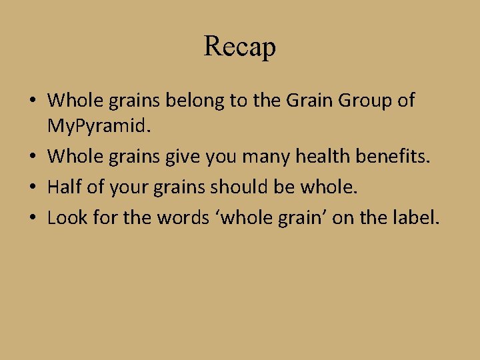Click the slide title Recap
tap(240, 47)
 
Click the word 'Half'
tap(65, 188)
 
